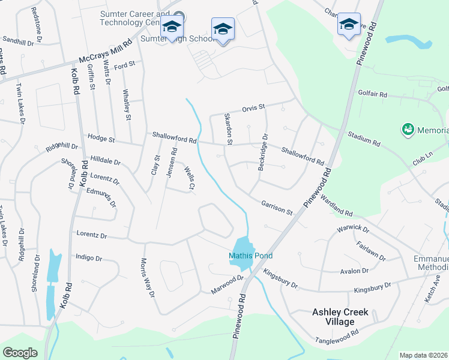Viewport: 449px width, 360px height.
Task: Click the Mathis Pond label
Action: (250, 256)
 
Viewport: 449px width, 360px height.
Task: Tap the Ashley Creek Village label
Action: (341, 317)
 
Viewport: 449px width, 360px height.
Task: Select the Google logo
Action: (20, 353)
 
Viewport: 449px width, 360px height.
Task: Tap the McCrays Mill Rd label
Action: (105, 53)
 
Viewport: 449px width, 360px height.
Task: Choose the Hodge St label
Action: (101, 139)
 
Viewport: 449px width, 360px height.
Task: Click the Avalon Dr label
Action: (354, 271)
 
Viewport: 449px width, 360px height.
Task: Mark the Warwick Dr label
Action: (352, 228)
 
